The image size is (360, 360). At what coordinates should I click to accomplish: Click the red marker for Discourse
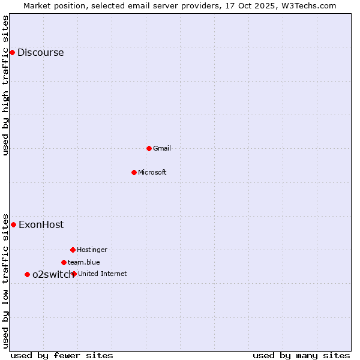pos(12,53)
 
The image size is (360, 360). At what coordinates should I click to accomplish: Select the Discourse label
pos(40,53)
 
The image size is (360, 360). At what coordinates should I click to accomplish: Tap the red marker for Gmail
pos(149,148)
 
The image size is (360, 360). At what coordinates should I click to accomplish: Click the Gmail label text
pos(162,148)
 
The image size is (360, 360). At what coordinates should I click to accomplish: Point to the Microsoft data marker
pos(134,172)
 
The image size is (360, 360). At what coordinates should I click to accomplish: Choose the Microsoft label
pos(152,172)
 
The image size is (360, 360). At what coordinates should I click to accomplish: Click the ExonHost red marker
pos(13,224)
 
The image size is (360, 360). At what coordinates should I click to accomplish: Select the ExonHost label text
pos(41,225)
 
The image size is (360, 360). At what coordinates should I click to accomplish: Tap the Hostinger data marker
pos(73,250)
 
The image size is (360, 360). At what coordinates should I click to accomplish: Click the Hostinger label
pos(92,250)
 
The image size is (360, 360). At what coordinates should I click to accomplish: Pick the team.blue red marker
pos(64,262)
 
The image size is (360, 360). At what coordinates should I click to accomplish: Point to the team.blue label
pos(84,262)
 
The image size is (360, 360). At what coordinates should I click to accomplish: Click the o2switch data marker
pos(27,274)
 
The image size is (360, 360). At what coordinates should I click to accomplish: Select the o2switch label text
pos(52,274)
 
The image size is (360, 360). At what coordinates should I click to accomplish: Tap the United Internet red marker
pos(74,274)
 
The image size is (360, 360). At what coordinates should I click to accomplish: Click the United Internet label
pos(103,274)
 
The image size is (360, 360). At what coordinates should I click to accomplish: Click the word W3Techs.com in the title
pos(310,5)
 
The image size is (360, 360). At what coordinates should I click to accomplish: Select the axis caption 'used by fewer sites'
pos(62,355)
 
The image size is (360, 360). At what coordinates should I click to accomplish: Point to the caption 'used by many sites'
pos(301,355)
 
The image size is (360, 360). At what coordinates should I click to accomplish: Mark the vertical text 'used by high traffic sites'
pos(6,85)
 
